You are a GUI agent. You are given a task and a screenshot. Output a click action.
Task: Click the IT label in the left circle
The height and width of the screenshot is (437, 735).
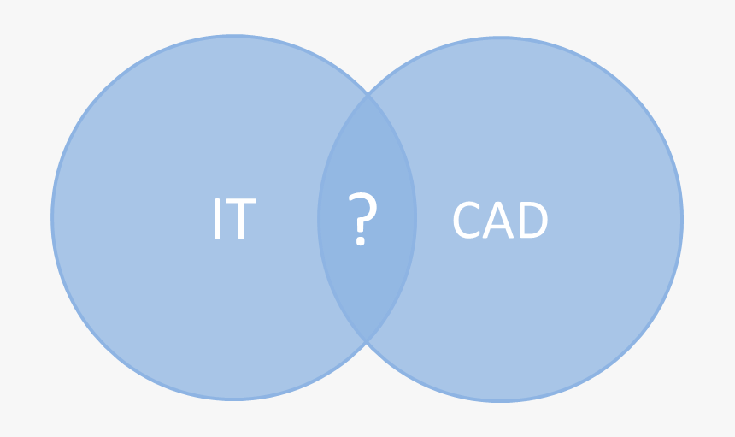(233, 220)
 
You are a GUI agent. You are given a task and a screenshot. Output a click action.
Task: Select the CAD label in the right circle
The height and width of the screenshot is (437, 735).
(500, 221)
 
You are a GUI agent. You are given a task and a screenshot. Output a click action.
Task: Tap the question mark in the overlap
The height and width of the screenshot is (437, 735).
(362, 220)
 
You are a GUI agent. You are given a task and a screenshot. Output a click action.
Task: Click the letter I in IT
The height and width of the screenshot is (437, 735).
(217, 220)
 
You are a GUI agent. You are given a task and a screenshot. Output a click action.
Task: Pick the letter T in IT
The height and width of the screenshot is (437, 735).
(240, 220)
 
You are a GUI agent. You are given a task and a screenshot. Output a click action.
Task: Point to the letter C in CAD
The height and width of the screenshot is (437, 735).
(467, 221)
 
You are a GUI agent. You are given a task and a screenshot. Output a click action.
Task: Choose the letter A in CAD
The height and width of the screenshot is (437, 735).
(499, 221)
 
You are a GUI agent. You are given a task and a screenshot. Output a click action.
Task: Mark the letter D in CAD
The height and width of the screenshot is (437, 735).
(532, 221)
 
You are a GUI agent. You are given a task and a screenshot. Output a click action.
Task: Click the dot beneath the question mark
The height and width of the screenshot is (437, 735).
(361, 242)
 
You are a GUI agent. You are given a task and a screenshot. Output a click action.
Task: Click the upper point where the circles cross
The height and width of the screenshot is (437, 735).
(367, 94)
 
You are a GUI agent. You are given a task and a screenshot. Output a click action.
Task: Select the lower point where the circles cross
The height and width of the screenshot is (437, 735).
(367, 342)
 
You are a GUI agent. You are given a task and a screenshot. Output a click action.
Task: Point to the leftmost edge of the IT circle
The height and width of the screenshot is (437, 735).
(53, 218)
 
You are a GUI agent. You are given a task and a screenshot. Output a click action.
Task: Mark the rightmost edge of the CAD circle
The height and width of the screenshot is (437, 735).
(681, 220)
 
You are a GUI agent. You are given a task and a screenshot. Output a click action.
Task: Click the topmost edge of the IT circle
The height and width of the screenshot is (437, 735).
(234, 37)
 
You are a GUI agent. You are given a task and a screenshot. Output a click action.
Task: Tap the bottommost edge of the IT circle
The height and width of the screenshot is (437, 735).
(234, 399)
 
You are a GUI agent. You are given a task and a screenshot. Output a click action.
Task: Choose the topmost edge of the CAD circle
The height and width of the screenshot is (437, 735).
(500, 38)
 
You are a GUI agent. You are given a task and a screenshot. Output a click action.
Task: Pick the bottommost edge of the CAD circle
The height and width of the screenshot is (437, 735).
(500, 400)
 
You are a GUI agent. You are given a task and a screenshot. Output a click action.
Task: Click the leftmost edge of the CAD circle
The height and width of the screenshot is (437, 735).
(319, 220)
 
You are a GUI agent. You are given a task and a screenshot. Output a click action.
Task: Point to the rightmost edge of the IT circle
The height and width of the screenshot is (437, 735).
(415, 218)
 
